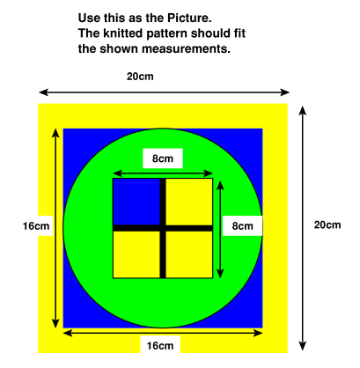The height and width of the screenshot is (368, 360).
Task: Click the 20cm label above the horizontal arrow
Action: (x=140, y=77)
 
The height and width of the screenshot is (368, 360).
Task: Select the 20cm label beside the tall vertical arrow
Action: (x=327, y=225)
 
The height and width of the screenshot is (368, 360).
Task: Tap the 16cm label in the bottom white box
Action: (x=160, y=346)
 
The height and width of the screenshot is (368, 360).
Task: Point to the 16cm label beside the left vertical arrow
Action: (x=36, y=226)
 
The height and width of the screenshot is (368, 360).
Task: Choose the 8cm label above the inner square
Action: (x=163, y=158)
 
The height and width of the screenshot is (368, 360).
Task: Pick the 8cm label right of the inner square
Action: (x=243, y=226)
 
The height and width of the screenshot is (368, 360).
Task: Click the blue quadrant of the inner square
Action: (x=136, y=202)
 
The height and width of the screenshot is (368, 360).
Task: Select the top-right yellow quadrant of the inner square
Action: (x=189, y=202)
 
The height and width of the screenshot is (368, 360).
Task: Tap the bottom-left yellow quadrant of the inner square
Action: (x=136, y=254)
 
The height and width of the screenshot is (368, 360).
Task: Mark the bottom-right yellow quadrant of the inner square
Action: (x=189, y=254)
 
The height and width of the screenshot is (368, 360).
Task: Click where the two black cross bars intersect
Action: (x=163, y=228)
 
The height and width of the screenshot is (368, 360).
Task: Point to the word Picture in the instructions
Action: (x=189, y=18)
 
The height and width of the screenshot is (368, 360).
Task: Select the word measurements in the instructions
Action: (x=187, y=48)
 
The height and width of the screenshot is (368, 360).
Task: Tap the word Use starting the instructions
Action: (x=89, y=18)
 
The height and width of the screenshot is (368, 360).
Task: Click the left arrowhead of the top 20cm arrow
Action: (x=43, y=92)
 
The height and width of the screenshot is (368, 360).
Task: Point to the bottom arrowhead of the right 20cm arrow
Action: (x=303, y=346)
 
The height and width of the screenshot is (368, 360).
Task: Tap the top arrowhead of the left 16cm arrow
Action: (x=55, y=133)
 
